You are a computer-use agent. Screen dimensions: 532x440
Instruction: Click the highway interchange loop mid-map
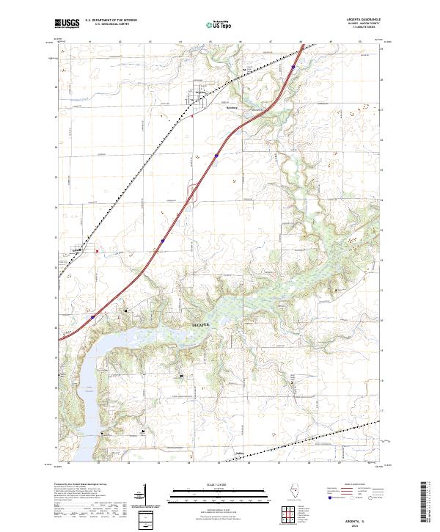pyautogui.click(x=193, y=194)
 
